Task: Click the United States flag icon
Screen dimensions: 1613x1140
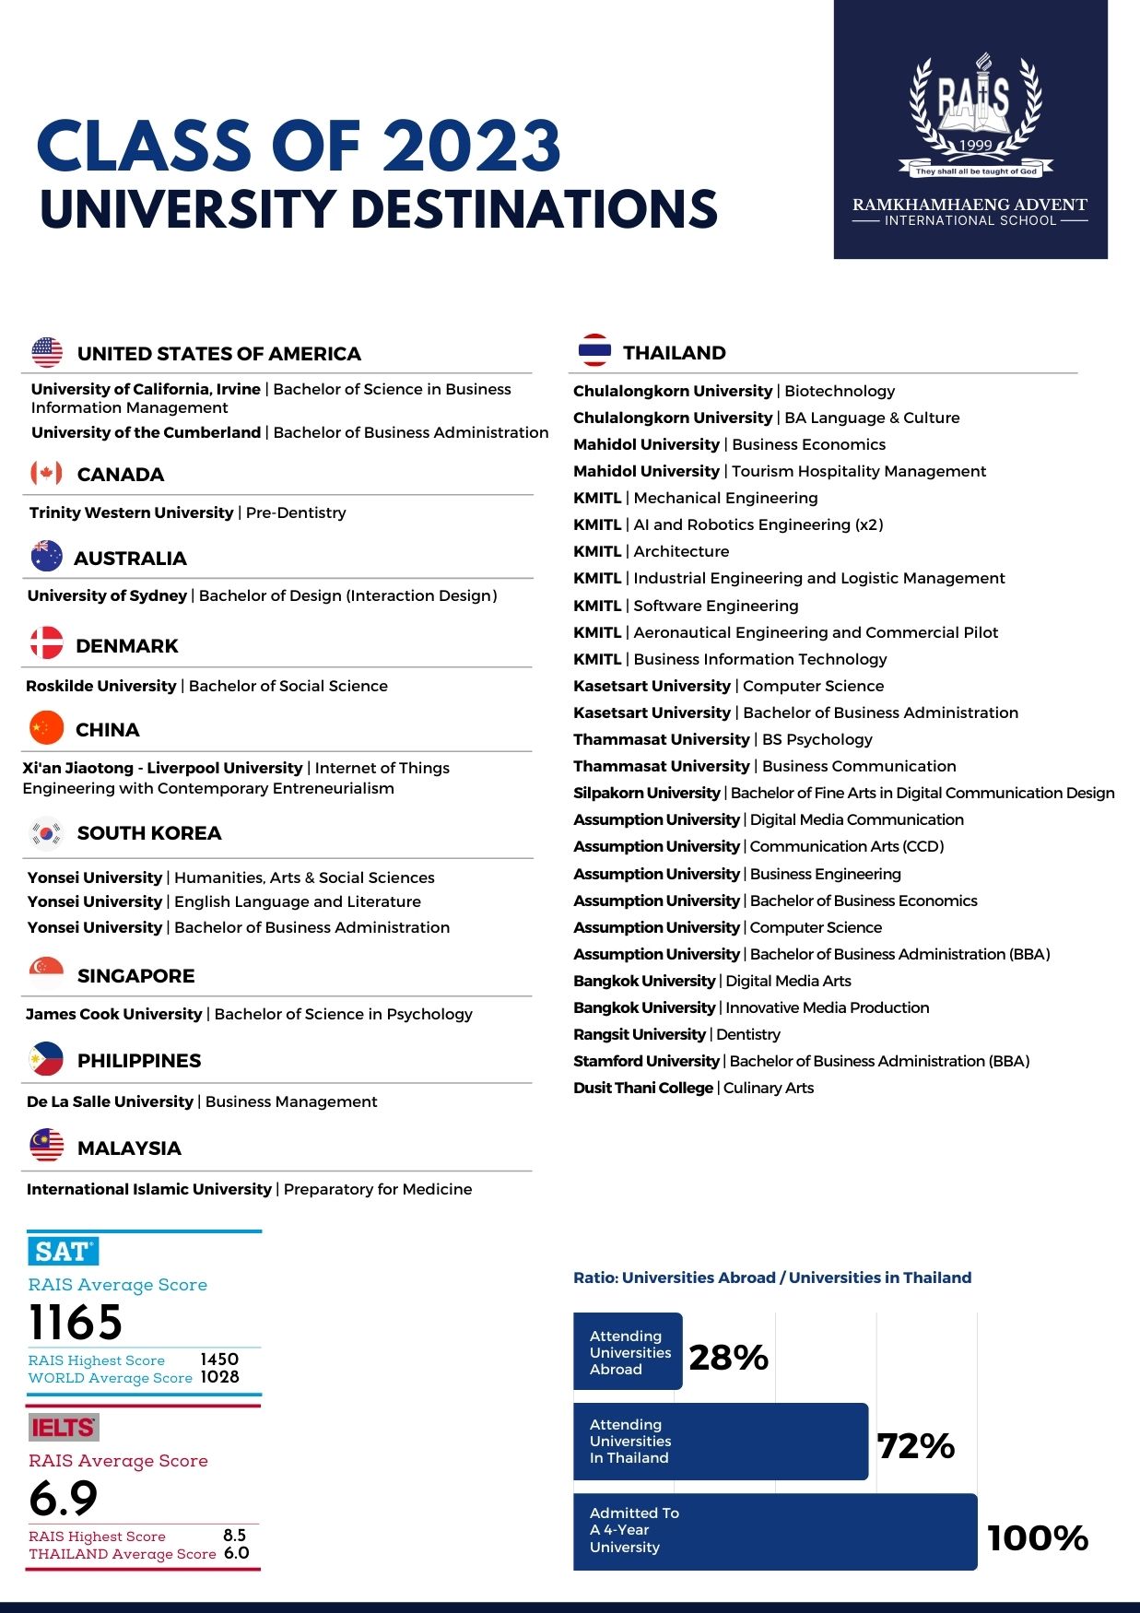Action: coord(47,352)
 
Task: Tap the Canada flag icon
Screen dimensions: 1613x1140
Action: coord(46,473)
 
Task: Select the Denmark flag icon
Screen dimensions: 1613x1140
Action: coord(46,643)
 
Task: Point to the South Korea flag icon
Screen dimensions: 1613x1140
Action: coord(46,832)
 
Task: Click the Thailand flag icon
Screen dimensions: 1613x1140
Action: coord(594,350)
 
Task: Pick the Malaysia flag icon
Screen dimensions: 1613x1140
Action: coord(46,1146)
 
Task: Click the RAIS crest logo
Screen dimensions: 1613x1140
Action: coord(975,115)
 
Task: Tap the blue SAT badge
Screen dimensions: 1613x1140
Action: coord(63,1251)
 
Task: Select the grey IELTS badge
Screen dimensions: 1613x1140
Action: coord(64,1428)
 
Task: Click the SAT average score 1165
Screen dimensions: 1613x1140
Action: coord(76,1323)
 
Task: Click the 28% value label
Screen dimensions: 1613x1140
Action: coord(728,1357)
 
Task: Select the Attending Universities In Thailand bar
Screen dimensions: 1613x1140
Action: coord(720,1442)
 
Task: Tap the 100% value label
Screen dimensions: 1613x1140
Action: coord(1038,1537)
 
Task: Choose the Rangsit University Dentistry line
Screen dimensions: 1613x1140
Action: coord(676,1034)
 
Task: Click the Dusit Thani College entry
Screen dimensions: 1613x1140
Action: coord(693,1088)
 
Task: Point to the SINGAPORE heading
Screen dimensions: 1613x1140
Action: coord(135,975)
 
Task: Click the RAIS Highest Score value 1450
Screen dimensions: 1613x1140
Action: coord(219,1360)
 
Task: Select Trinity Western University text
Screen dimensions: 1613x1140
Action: coord(132,512)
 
